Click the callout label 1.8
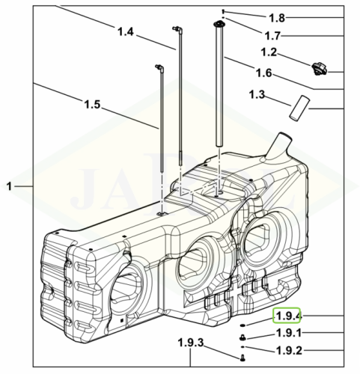[277, 18]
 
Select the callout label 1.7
[272, 36]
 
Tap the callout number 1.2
[269, 52]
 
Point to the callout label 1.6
[263, 73]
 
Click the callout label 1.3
[257, 94]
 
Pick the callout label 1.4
[126, 31]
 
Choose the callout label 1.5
[92, 104]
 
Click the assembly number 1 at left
[9, 186]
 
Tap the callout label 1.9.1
[289, 333]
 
